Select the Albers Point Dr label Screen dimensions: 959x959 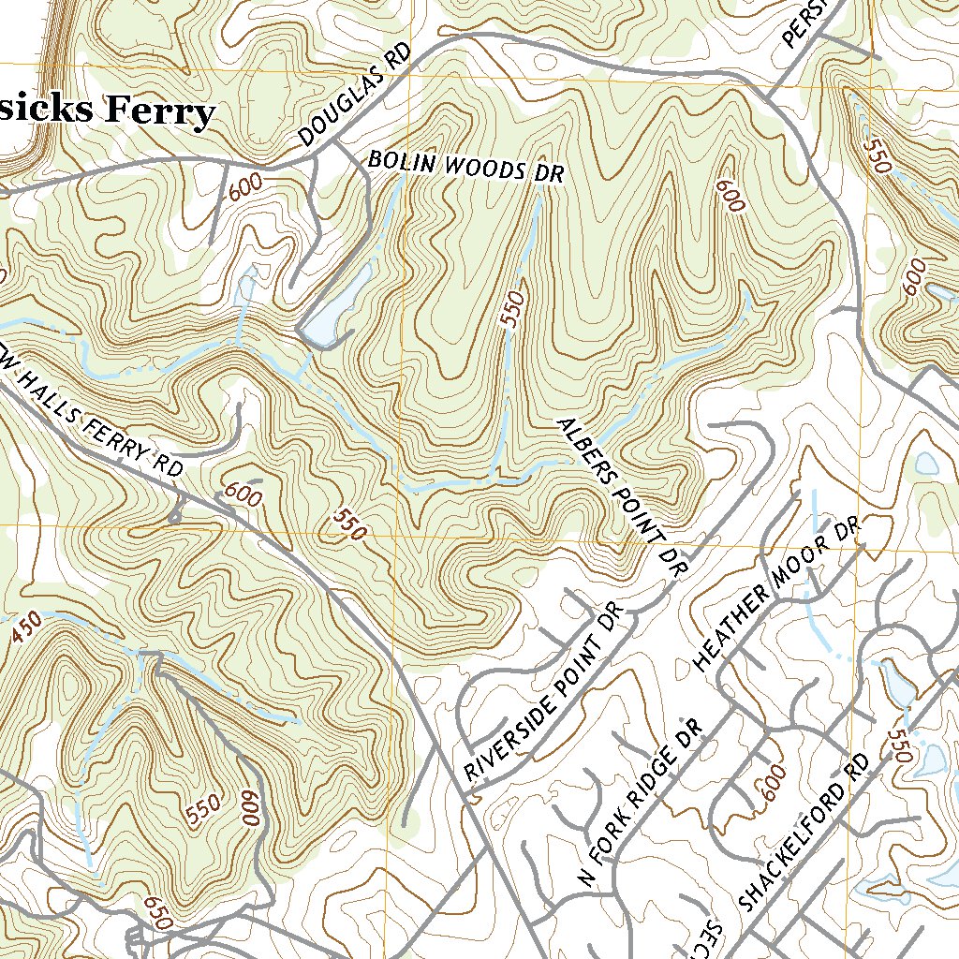point(623,495)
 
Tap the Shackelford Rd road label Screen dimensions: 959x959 point(804,833)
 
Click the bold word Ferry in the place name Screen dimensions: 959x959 point(158,111)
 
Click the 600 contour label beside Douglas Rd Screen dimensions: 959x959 point(244,186)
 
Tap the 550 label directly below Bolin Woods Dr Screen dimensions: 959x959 point(512,308)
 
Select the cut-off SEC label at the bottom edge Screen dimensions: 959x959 point(711,937)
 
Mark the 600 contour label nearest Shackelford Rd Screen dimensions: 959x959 point(775,783)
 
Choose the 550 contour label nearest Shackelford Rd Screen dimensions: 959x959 point(900,745)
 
